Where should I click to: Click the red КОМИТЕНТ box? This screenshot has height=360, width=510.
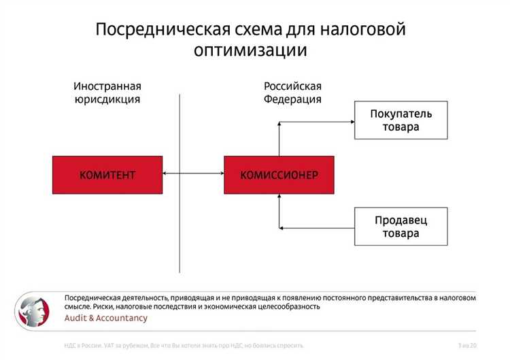[107, 175]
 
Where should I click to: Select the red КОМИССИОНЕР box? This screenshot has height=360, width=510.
[279, 175]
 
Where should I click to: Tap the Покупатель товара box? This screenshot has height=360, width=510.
[401, 120]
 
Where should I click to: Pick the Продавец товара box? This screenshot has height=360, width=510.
[401, 227]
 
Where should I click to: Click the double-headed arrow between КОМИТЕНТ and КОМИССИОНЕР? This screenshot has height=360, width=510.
[193, 175]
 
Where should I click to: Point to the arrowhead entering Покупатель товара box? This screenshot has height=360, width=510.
[350, 122]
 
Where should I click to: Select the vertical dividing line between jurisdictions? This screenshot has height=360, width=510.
[180, 184]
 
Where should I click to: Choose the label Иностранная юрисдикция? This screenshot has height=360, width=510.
[107, 93]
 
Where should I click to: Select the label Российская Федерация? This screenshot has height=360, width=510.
[292, 93]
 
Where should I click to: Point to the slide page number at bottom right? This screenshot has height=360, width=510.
[467, 346]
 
